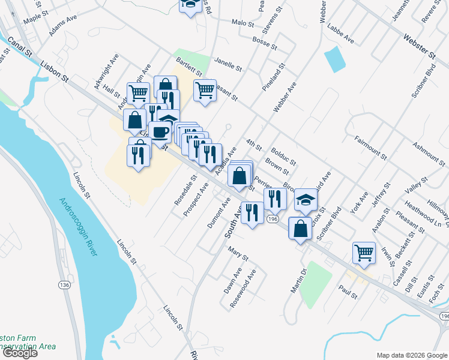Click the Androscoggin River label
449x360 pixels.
click(x=79, y=227)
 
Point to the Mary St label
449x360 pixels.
click(x=238, y=255)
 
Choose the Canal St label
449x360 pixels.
click(x=20, y=47)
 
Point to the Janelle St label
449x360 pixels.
click(x=228, y=64)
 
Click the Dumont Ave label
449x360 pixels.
click(x=219, y=214)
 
